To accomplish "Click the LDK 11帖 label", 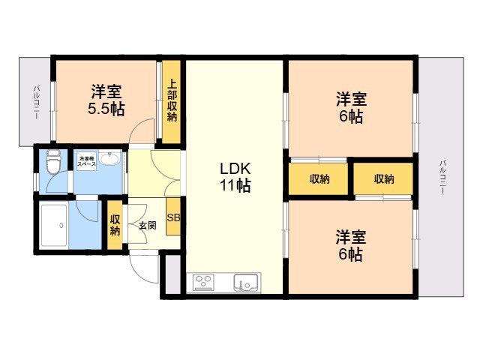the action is [235, 177].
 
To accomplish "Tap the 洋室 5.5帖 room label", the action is [106, 100].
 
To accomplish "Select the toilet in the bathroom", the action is [53, 161].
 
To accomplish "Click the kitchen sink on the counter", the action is [246, 283].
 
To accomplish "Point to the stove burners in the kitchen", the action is [203, 282].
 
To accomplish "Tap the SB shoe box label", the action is [173, 217].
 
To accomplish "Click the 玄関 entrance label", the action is [148, 226].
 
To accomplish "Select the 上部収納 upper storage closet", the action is [172, 102].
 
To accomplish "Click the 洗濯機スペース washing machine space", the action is [87, 161].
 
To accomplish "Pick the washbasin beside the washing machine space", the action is [109, 159].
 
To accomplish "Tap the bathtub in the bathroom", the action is [54, 225].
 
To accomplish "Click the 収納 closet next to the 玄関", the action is [115, 224].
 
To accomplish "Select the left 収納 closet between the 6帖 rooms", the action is [318, 179].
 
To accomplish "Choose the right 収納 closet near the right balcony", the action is [383, 179].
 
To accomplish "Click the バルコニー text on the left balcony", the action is [37, 102].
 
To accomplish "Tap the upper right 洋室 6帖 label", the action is [352, 107].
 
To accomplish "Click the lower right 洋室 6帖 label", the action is [351, 245].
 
